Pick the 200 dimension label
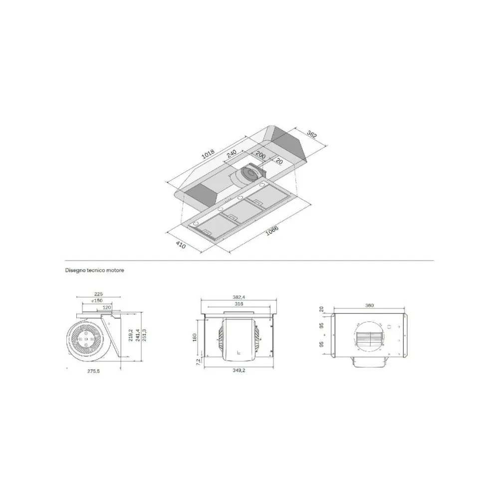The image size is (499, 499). click(261, 155)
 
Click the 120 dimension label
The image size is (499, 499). click(106, 308)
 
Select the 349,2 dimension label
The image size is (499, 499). click(239, 371)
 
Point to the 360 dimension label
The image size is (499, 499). click(370, 305)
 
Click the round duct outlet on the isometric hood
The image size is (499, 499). click(248, 174)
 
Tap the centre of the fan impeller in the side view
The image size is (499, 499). click(86, 339)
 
